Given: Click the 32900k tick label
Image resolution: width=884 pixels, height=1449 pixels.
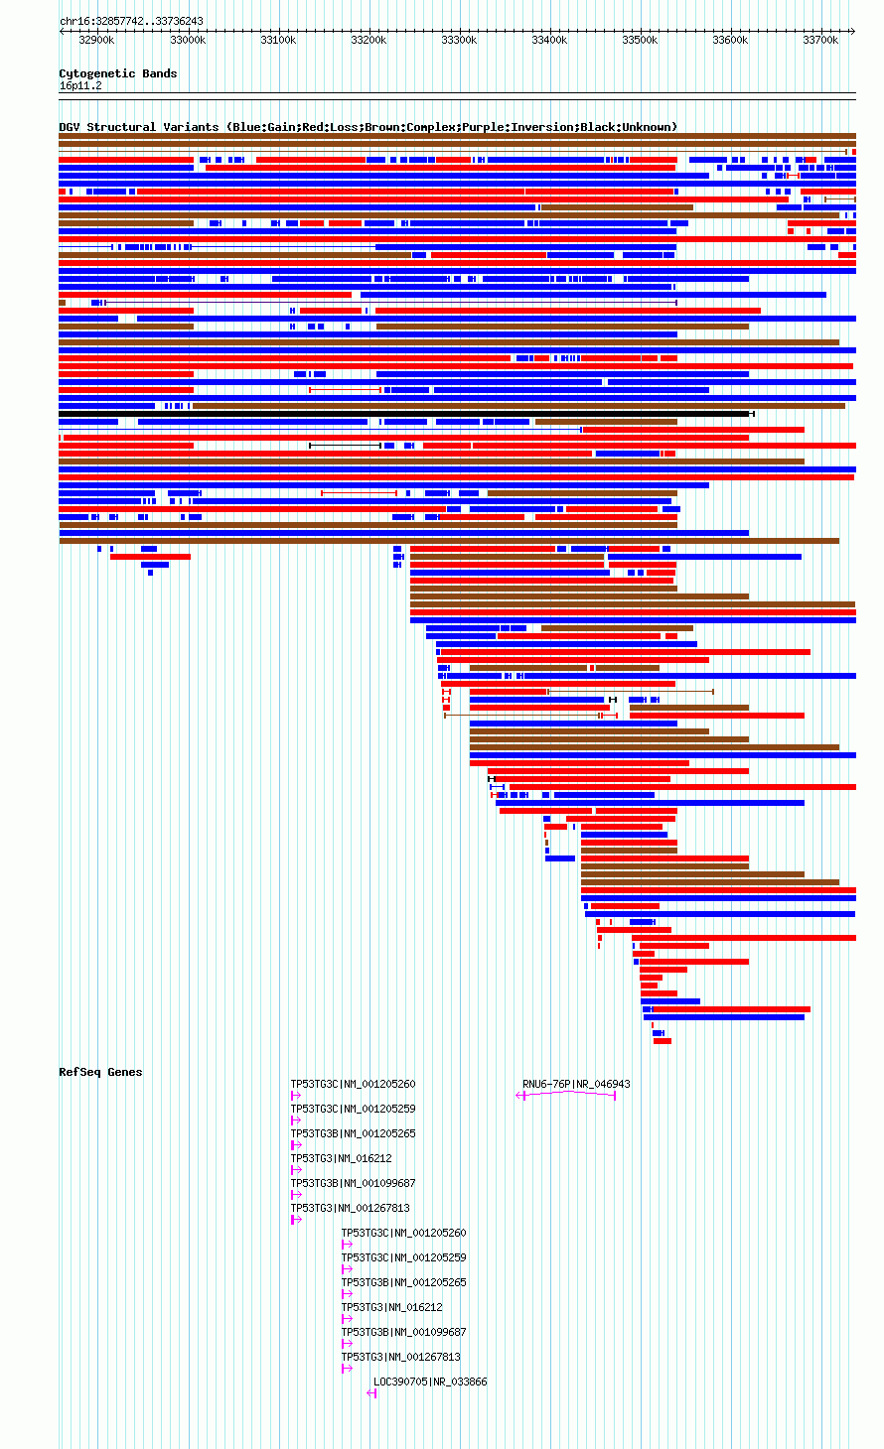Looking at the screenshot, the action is pos(96,40).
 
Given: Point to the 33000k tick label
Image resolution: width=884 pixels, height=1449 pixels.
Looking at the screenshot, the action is pos(188,40).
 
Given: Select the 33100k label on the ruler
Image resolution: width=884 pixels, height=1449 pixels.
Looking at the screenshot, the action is pos(278,40).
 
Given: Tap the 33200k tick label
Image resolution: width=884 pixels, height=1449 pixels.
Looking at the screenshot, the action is pos(368,40).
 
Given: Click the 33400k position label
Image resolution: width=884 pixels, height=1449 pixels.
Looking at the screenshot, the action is pos(549,40).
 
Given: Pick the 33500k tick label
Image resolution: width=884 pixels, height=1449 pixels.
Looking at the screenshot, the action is pos(640,40).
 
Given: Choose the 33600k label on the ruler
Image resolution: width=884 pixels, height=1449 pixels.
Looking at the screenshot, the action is pos(730,40).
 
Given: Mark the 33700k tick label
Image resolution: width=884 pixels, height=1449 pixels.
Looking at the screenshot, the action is pos(820,40).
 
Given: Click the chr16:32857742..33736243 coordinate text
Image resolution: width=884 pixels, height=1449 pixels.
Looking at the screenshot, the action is pos(131,22).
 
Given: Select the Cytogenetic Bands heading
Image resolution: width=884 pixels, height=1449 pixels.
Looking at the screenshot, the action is pos(118,73).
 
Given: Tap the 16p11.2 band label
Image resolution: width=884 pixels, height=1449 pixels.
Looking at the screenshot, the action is pos(80,86).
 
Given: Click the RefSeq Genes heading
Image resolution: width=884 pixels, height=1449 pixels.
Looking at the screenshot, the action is pos(100,1072).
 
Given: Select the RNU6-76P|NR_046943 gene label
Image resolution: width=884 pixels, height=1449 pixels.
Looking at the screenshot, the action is pos(576,1084).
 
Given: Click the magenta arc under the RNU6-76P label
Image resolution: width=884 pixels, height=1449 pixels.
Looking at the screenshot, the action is pos(568,1093).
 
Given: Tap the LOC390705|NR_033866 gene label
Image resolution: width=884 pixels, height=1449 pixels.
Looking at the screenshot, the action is pos(430,1382).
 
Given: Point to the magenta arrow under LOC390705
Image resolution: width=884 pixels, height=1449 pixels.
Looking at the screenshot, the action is pos(371,1393).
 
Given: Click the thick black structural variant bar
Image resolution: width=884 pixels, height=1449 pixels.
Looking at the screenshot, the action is pos(406,414).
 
